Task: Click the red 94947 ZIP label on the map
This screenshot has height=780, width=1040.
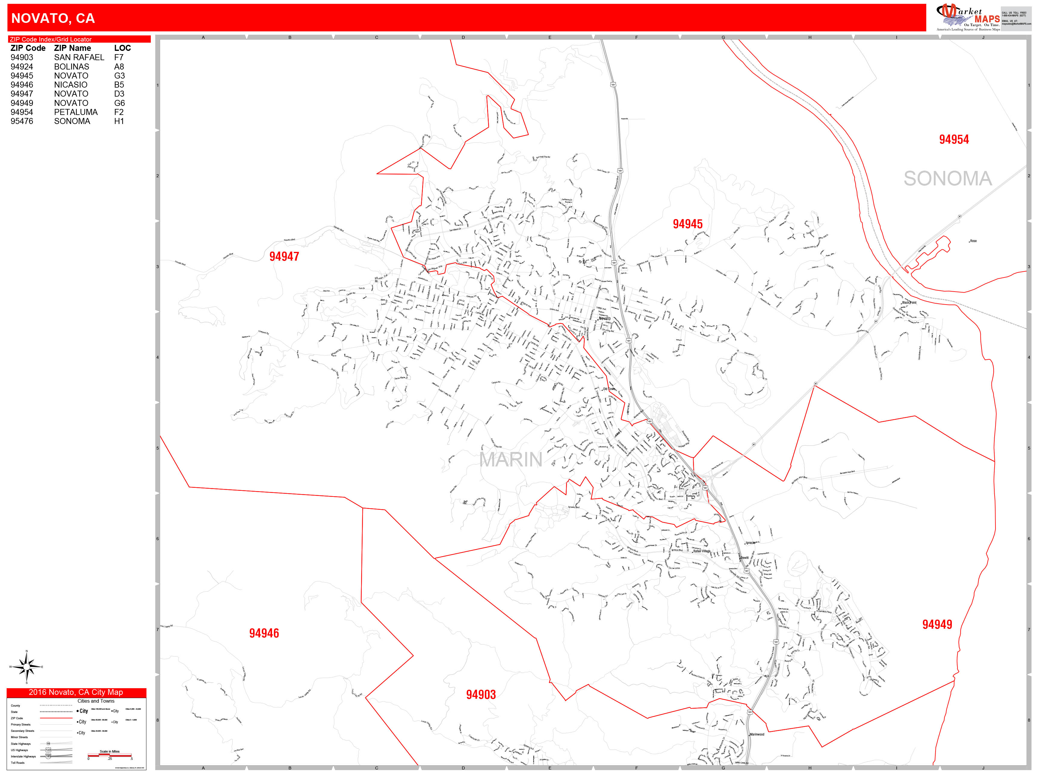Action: coord(284,256)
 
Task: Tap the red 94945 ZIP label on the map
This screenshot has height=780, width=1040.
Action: coord(687,224)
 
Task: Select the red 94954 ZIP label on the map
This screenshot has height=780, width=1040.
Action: coord(954,139)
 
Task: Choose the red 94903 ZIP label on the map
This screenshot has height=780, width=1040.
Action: coord(481,695)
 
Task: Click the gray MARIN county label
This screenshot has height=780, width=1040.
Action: coord(511,459)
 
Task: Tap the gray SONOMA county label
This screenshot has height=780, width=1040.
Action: coord(947,179)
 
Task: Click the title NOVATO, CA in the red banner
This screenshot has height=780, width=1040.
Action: coord(53,18)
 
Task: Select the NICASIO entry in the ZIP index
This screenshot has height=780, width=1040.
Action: coord(70,85)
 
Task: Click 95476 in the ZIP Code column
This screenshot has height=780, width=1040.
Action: coord(22,121)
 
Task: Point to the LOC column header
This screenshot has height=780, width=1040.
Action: coord(122,48)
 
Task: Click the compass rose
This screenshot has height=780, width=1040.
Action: coord(26,666)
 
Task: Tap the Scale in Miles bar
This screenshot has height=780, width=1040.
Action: coord(110,755)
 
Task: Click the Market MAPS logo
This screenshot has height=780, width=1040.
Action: coord(969,18)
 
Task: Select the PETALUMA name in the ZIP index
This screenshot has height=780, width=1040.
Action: coord(76,112)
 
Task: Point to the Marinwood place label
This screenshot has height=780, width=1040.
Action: coord(757,734)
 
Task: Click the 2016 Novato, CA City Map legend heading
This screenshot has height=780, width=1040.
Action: coord(76,692)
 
